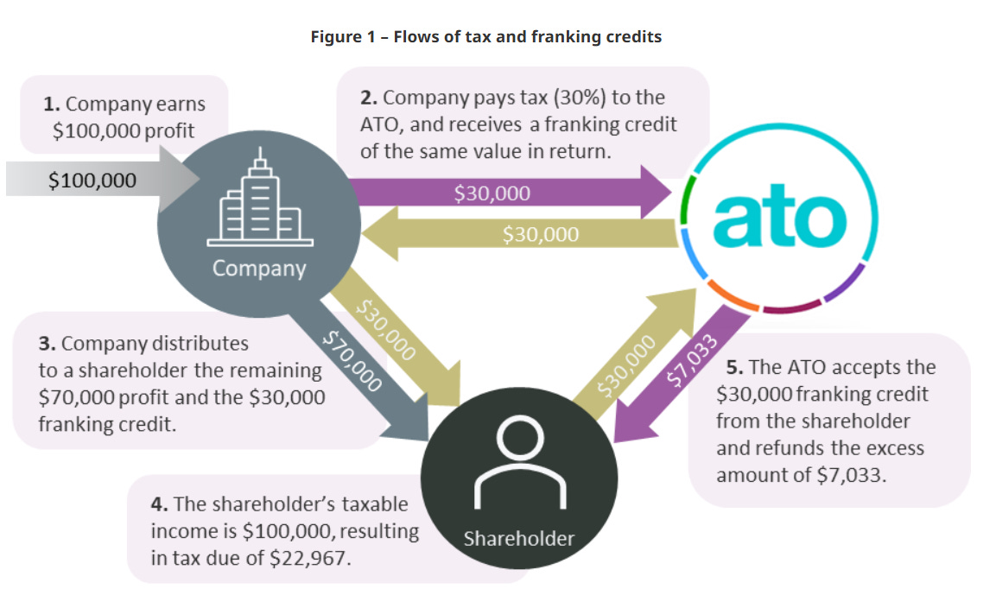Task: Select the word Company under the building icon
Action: [259, 268]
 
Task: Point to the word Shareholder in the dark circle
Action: [518, 539]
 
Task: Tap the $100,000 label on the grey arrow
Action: [92, 180]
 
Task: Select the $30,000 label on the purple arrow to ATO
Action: [492, 193]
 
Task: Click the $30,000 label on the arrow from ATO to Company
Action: [541, 233]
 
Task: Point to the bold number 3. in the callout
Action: [48, 343]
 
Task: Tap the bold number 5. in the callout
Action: [734, 366]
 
